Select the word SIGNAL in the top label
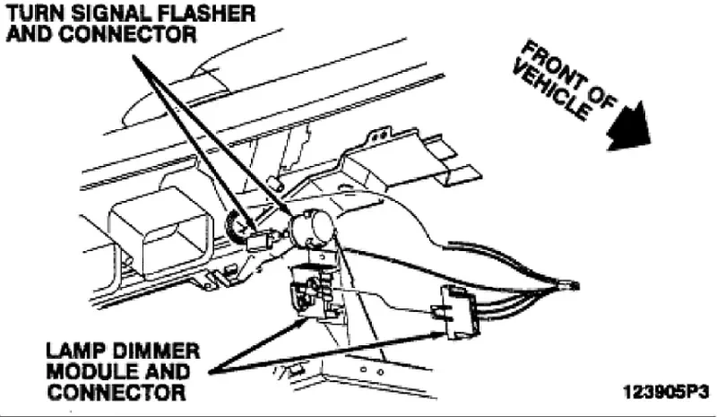[101, 14]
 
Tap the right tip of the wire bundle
[574, 286]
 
